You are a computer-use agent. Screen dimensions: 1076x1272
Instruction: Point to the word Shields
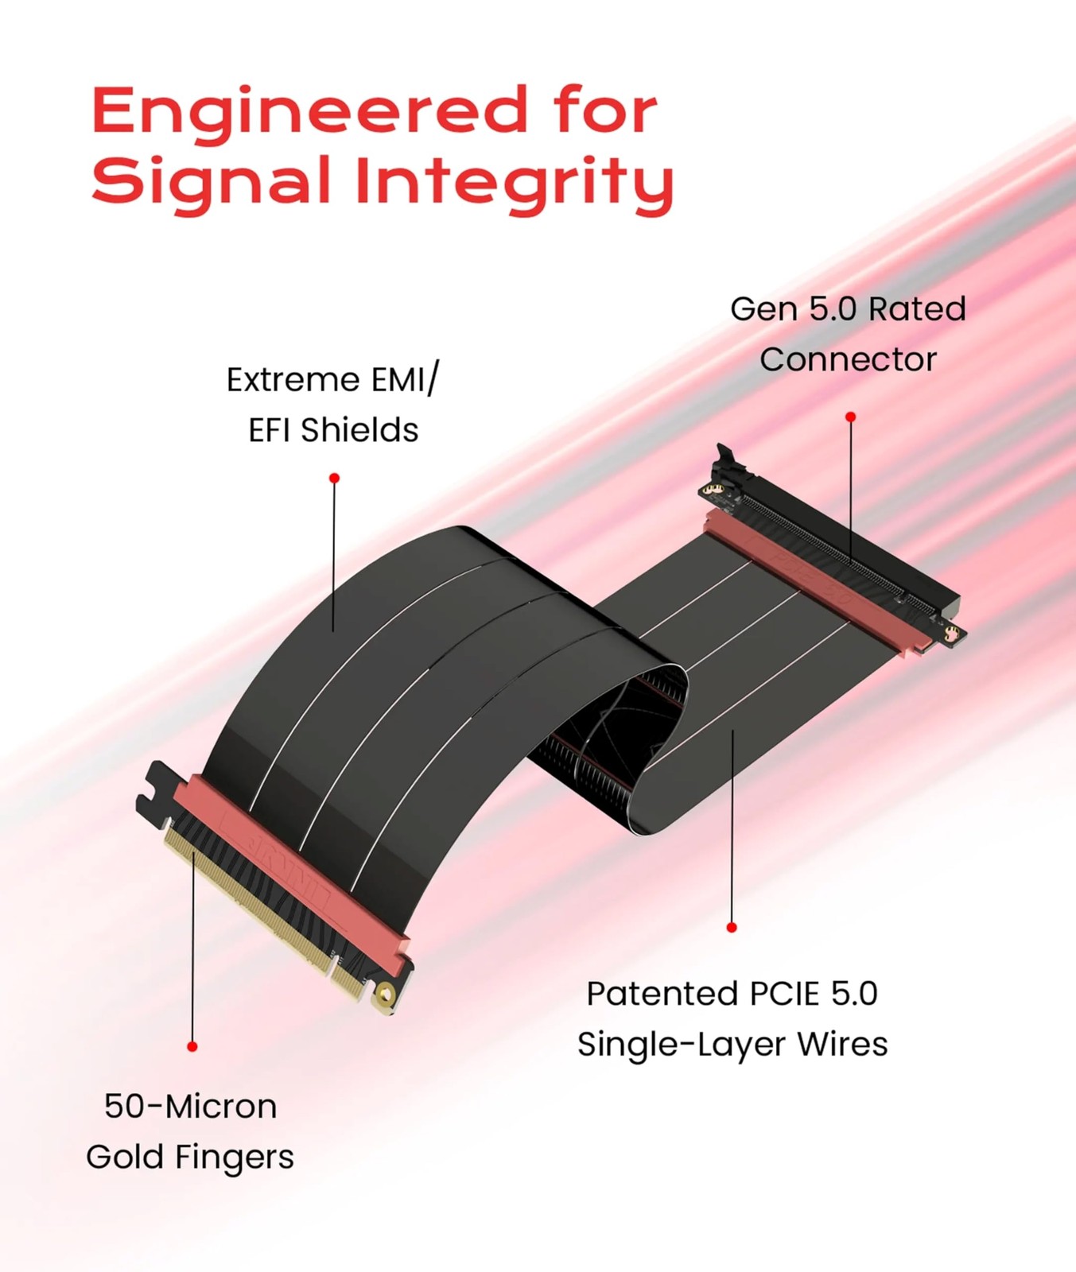click(x=359, y=431)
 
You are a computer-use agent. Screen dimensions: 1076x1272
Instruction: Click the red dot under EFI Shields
click(x=335, y=478)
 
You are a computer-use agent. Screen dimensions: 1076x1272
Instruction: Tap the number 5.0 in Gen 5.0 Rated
click(x=833, y=309)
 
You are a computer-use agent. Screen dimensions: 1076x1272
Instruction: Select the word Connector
click(x=848, y=359)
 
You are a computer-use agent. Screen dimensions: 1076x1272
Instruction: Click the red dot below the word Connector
click(x=851, y=417)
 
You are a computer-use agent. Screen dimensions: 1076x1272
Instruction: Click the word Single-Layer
click(x=682, y=1045)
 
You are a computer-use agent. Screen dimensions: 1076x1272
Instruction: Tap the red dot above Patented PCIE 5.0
click(x=732, y=927)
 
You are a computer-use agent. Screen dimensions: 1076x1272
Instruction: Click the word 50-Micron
click(x=191, y=1107)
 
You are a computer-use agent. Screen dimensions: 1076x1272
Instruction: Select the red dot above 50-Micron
click(x=192, y=1046)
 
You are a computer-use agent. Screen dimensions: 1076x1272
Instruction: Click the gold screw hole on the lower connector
click(x=387, y=993)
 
